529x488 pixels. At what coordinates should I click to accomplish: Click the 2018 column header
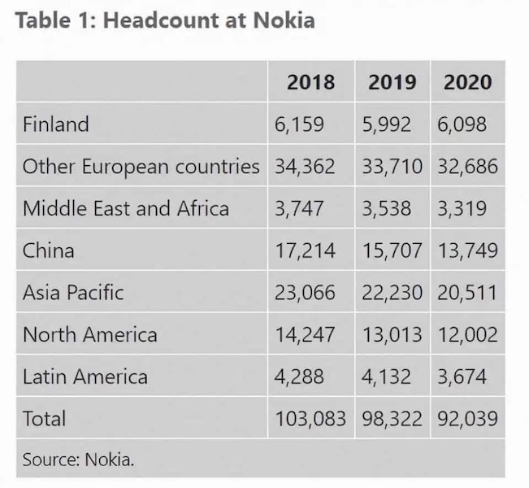pyautogui.click(x=310, y=81)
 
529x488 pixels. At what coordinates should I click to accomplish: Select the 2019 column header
pyautogui.click(x=392, y=81)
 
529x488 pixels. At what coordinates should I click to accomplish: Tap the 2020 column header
pyautogui.click(x=467, y=81)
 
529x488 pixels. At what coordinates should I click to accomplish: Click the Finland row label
pyautogui.click(x=55, y=124)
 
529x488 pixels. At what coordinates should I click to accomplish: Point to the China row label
pyautogui.click(x=48, y=250)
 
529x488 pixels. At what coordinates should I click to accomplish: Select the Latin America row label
pyautogui.click(x=85, y=377)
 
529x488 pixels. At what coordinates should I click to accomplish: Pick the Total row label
pyautogui.click(x=44, y=418)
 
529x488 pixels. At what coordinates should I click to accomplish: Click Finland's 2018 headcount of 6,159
pyautogui.click(x=299, y=124)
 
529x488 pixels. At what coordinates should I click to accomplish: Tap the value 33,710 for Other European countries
pyautogui.click(x=392, y=167)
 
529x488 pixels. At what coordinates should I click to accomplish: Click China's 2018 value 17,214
pyautogui.click(x=305, y=250)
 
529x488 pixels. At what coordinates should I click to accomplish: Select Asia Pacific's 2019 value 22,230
pyautogui.click(x=392, y=292)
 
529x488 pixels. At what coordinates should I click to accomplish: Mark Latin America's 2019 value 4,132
pyautogui.click(x=387, y=377)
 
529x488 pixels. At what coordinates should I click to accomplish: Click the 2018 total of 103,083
pyautogui.click(x=310, y=418)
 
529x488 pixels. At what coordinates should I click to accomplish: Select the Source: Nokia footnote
pyautogui.click(x=78, y=459)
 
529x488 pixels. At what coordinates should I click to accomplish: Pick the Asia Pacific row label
pyautogui.click(x=73, y=292)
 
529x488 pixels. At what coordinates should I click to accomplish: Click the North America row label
pyautogui.click(x=89, y=334)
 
